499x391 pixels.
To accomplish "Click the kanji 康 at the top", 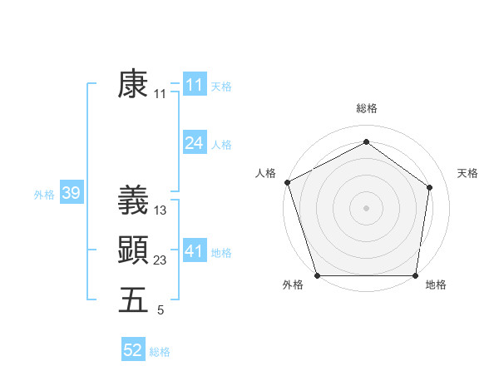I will coord(133,84).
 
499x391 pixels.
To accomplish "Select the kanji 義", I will coord(133,200).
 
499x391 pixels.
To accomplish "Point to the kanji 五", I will coord(133,299).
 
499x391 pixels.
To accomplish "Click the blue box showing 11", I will coord(194,85).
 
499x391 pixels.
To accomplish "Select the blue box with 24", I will coord(194,143).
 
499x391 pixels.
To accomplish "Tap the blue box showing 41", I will coord(194,251).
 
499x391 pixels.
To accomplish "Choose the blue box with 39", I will coord(71,194).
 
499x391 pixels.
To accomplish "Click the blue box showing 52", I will coord(132,350).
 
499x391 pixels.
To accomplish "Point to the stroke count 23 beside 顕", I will coord(161,260).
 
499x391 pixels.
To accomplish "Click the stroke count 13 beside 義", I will coord(161,210).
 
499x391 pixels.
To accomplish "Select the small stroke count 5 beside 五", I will coord(161,310).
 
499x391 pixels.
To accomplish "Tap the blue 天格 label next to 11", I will coord(221,86).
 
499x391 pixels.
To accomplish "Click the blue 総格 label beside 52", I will coord(160,351).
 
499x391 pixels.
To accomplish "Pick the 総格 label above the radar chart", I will coord(366,108).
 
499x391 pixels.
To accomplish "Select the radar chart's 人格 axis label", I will coord(265,172).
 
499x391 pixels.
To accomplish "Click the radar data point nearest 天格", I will coord(430,187).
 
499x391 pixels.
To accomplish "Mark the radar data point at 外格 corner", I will coord(318,275).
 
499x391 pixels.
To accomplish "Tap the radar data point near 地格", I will coord(415,275).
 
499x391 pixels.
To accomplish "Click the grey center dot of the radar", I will coord(366,207).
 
